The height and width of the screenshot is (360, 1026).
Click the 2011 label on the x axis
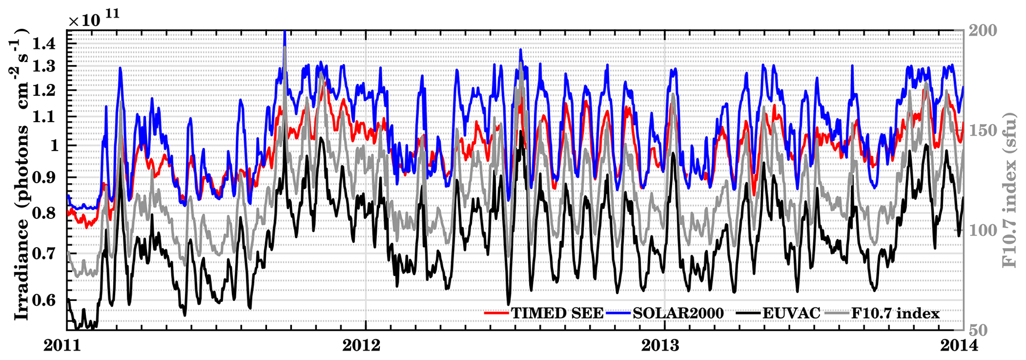[67, 346]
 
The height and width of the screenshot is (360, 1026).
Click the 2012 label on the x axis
[365, 346]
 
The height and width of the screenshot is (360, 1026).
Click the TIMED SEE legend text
[557, 313]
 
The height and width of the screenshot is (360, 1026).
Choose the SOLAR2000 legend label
[679, 313]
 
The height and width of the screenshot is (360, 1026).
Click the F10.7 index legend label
[895, 313]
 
